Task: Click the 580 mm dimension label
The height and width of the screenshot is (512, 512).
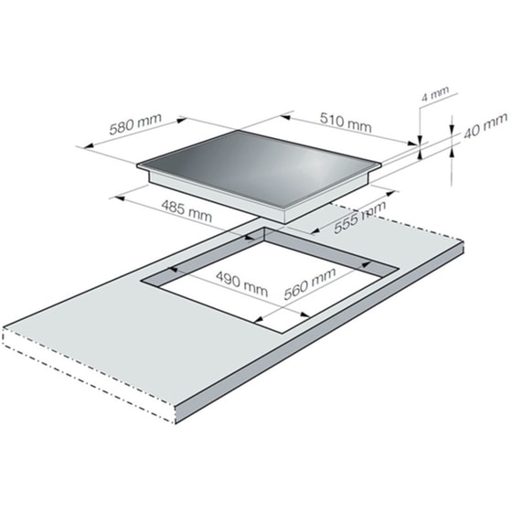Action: click(135, 123)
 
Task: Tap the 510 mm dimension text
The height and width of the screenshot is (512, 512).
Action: click(346, 123)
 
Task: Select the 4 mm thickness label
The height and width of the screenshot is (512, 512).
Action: click(435, 93)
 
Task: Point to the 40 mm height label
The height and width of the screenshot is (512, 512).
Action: click(485, 125)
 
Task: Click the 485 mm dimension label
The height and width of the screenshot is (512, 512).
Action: click(187, 210)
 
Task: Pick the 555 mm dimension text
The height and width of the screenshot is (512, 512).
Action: click(360, 217)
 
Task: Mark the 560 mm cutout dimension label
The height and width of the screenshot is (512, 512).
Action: click(310, 283)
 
